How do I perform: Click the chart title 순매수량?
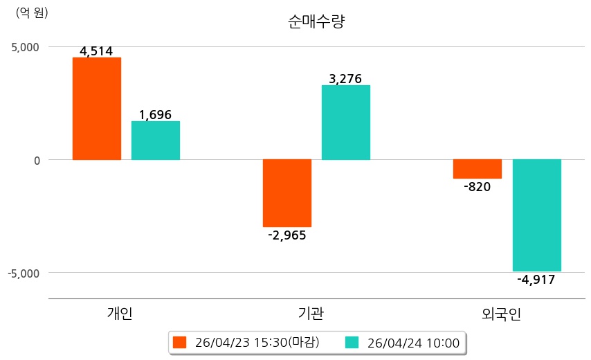coord(316,21)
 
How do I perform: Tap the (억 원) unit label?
coord(32,12)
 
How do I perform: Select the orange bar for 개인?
coord(97,109)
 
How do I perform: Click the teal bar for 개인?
coord(156,141)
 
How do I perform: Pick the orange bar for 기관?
coord(287,193)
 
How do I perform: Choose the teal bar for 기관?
coord(346,123)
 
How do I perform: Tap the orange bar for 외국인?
coord(478,169)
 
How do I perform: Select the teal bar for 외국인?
coord(537,215)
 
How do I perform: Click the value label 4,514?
coord(96,51)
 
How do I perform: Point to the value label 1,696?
coord(156,115)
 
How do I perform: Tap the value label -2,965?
coord(287,235)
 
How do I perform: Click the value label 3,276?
coord(345,79)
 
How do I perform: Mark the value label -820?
coord(478,186)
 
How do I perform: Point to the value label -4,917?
coord(536,280)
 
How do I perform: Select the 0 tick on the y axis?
coord(36,160)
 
